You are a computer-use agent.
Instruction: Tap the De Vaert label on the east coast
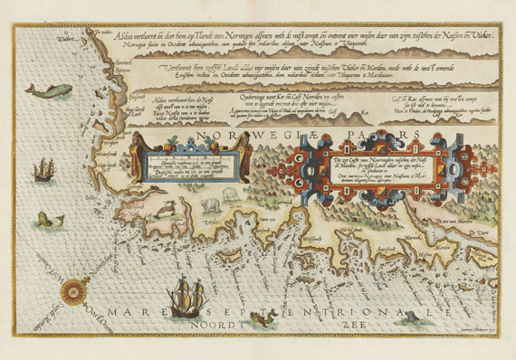(x=487, y=234)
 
